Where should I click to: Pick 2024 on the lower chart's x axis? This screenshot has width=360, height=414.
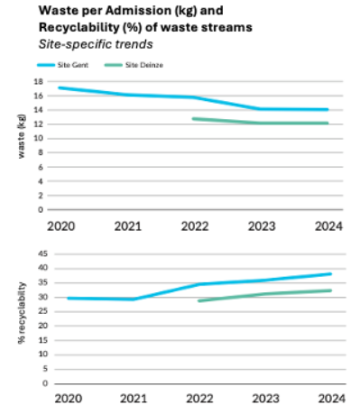pos(329,396)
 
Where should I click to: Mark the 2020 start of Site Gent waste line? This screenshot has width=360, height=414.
pos(60,87)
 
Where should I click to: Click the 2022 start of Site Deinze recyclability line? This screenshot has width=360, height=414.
pos(198,300)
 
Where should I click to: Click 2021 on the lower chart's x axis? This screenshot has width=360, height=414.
pos(133,396)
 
